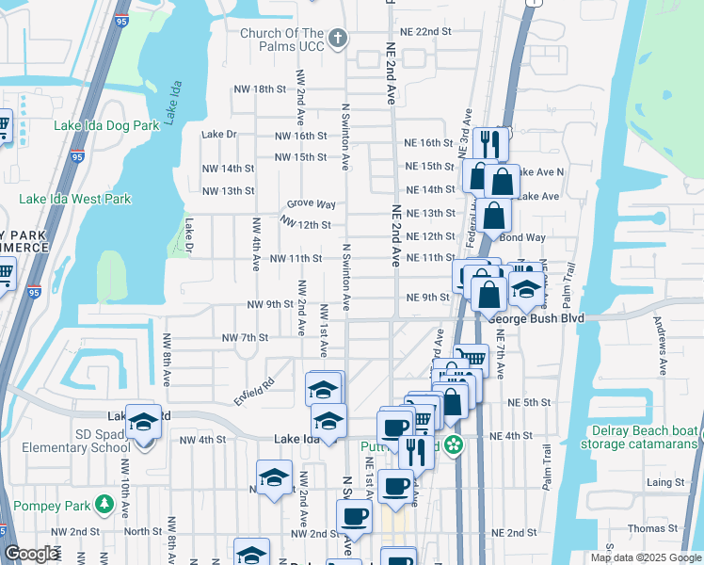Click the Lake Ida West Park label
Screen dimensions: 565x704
(75, 200)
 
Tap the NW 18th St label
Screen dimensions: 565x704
(260, 89)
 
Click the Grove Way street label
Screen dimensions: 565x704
(312, 204)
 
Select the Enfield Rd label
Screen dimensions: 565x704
(253, 393)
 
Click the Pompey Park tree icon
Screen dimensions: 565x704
(103, 507)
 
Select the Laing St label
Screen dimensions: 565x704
(666, 482)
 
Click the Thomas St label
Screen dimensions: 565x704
(652, 529)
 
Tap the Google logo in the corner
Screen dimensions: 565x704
(31, 555)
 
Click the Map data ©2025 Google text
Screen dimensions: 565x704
(645, 557)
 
